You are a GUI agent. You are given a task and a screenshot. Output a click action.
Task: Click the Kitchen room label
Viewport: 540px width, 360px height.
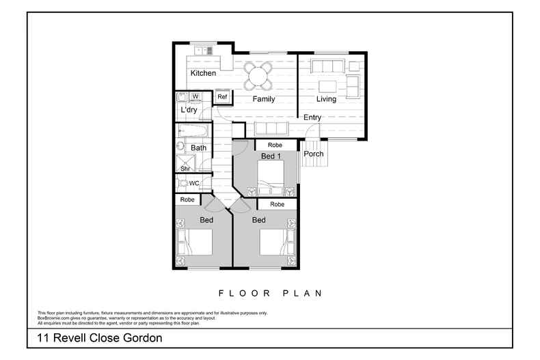tap(203, 73)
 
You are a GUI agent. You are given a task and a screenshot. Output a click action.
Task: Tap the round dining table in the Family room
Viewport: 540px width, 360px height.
tap(259, 75)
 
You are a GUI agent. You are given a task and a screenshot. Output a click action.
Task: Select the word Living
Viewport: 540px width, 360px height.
tap(326, 99)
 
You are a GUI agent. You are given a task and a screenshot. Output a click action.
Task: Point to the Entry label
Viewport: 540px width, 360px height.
tap(312, 117)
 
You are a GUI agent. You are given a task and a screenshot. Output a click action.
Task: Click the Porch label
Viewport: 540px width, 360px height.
tap(314, 154)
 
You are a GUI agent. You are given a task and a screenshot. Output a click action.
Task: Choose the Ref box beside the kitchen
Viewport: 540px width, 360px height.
tap(222, 97)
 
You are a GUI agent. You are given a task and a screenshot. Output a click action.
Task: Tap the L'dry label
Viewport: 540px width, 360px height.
tap(189, 110)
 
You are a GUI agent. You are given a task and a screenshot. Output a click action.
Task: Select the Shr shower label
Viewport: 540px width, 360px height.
tap(185, 168)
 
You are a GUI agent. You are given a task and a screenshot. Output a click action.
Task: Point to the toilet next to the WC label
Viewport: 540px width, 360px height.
tap(183, 183)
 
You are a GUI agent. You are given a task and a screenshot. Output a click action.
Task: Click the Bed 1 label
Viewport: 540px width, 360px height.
tap(271, 156)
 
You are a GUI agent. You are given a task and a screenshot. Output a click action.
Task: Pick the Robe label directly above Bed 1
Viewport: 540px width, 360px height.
tap(275, 145)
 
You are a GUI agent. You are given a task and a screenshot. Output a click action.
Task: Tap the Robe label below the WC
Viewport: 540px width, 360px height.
tap(187, 199)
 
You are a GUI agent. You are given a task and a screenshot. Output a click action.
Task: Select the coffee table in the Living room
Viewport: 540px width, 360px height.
tap(327, 86)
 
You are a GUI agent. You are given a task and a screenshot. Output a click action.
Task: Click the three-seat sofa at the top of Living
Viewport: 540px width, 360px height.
tap(327, 66)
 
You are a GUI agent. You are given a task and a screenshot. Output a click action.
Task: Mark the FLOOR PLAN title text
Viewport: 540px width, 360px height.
tap(270, 293)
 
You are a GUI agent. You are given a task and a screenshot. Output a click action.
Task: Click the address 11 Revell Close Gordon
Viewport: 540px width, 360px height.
tap(99, 338)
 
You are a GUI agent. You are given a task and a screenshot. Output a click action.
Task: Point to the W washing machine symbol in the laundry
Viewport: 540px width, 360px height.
tap(195, 96)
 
